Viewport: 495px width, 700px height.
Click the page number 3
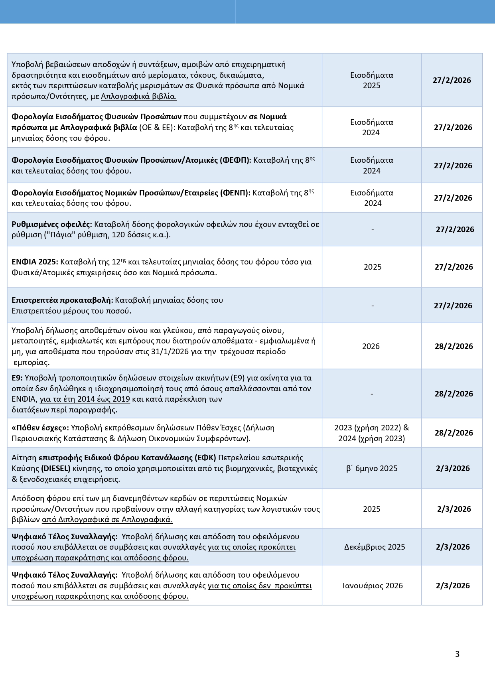pos(457,654)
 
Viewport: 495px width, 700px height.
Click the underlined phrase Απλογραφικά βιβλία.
pos(139,96)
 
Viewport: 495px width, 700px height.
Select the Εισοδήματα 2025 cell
pos(372,80)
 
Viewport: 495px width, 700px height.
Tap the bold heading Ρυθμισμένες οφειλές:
pos(52,224)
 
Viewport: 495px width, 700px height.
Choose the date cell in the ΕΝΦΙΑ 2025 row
pos(454,267)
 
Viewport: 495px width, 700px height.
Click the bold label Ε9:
pos(17,378)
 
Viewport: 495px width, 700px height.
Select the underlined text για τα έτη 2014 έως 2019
pos(85,399)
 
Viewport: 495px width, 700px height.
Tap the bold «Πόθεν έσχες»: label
pos(40,428)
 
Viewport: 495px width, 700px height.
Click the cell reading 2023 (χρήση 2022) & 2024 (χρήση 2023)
pos(372,433)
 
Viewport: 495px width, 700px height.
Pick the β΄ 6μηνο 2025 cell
pos(372,468)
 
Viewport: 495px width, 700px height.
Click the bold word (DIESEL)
pos(56,468)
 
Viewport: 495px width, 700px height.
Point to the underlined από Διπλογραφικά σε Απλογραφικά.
pos(107,520)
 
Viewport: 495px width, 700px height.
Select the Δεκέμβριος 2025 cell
pos(375,547)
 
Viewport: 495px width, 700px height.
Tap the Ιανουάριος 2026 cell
pos(373,586)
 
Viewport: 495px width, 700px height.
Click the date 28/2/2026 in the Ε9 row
pos(454,394)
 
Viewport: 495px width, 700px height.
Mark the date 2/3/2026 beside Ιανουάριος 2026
pos(453,586)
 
